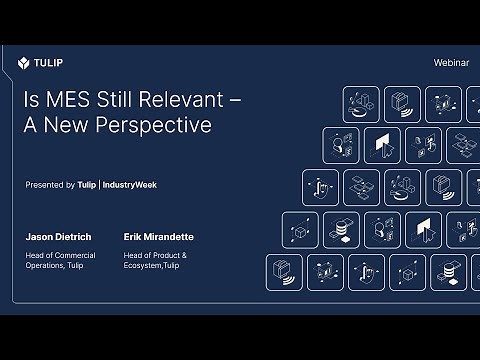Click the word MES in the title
click(65, 101)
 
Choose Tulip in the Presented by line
click(87, 185)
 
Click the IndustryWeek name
click(130, 185)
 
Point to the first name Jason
click(40, 239)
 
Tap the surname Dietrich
click(76, 239)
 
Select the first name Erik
click(134, 239)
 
